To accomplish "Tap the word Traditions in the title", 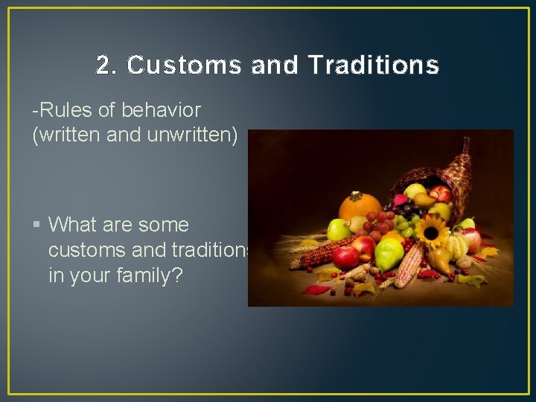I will click(x=373, y=66).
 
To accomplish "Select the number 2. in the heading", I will click(x=107, y=66).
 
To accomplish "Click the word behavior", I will click(x=162, y=110).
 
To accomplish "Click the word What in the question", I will click(x=77, y=224).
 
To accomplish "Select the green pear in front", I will click(x=389, y=255).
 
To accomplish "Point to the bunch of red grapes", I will click(x=381, y=223).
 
